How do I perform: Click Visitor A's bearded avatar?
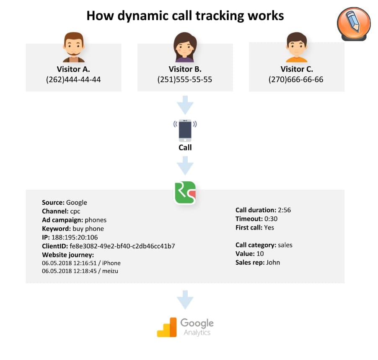74,47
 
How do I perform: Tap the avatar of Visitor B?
185,47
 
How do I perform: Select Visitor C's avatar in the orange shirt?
297,47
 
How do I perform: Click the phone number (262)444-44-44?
73,80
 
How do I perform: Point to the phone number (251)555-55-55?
185,80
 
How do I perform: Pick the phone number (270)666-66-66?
296,80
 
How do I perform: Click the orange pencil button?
354,23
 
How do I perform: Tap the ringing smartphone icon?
185,130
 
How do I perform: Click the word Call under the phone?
185,147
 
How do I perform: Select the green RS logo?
185,193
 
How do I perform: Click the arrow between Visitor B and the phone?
185,105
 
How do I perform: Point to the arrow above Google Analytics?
185,300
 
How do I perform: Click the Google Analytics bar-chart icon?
167,327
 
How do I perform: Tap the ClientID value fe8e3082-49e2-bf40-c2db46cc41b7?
122,246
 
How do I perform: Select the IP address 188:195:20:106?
75,237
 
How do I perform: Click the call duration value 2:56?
285,210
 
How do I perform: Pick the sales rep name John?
273,263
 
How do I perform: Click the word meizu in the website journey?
110,271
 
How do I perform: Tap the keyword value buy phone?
88,229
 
